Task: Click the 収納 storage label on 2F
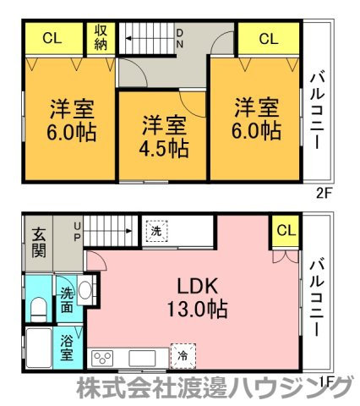pyautogui.click(x=101, y=38)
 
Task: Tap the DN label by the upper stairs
pyautogui.click(x=179, y=39)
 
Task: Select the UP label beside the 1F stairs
pyautogui.click(x=77, y=232)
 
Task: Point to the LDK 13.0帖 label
pyautogui.click(x=197, y=298)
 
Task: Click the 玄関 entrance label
pyautogui.click(x=39, y=243)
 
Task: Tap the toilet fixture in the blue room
pyautogui.click(x=38, y=310)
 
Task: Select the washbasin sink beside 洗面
pyautogui.click(x=85, y=290)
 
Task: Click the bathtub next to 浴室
pyautogui.click(x=39, y=348)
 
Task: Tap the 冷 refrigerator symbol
pyautogui.click(x=183, y=356)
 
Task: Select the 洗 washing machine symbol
pyautogui.click(x=156, y=231)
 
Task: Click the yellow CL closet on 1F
pyautogui.click(x=286, y=231)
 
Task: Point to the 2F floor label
pyautogui.click(x=323, y=194)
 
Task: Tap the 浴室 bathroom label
pyautogui.click(x=67, y=348)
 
